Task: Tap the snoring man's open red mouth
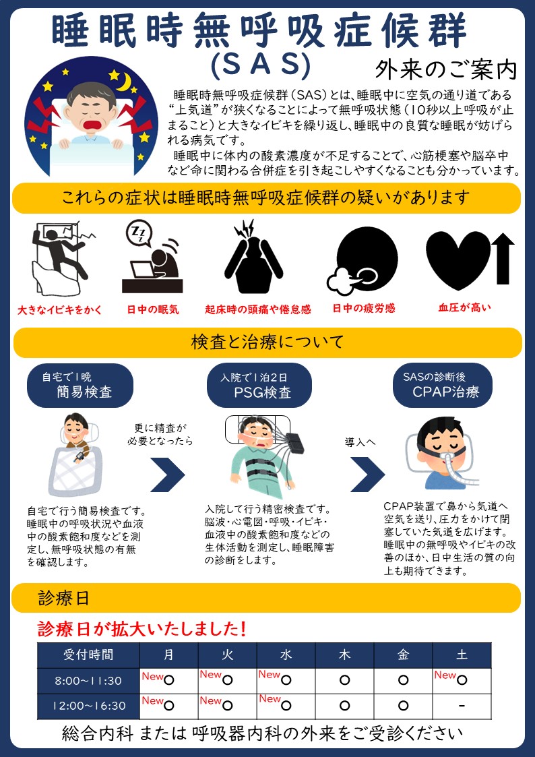pyautogui.click(x=92, y=125)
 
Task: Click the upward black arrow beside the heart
pyautogui.click(x=503, y=259)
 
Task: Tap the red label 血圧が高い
pyautogui.click(x=464, y=307)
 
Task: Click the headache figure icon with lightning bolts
pyautogui.click(x=254, y=257)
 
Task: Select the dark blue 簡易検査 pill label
pyautogui.click(x=80, y=386)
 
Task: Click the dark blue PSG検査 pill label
pyautogui.click(x=259, y=386)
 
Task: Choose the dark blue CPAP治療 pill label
pyautogui.click(x=443, y=386)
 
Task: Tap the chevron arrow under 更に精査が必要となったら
pyautogui.click(x=167, y=474)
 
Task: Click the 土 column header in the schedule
pyautogui.click(x=462, y=655)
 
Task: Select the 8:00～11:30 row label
pyautogui.click(x=88, y=681)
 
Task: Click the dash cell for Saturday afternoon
pyautogui.click(x=462, y=706)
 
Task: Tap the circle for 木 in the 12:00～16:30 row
pyautogui.click(x=344, y=706)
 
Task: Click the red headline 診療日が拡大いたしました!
pyautogui.click(x=143, y=628)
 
